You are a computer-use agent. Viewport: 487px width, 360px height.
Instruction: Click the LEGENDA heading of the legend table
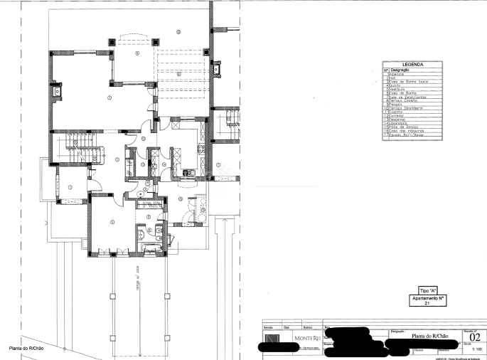[413, 65]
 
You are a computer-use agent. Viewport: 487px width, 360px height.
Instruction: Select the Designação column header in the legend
[402, 70]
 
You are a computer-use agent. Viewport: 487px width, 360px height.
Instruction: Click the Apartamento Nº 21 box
[427, 300]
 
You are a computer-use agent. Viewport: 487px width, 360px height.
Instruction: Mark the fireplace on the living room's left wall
[55, 90]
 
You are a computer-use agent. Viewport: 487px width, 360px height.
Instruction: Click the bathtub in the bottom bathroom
[150, 247]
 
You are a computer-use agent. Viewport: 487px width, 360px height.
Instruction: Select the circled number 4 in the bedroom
[111, 222]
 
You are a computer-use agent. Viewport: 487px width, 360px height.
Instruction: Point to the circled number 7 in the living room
[109, 96]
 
